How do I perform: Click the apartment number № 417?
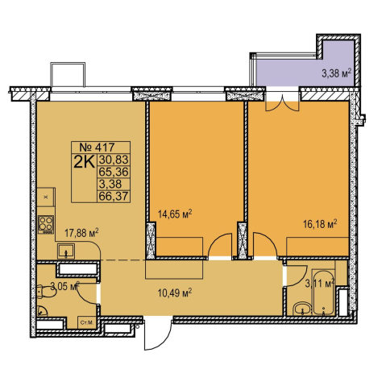click(x=98, y=147)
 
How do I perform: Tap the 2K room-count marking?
click(x=85, y=163)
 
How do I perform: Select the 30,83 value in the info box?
click(x=114, y=160)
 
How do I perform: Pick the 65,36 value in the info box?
click(x=114, y=172)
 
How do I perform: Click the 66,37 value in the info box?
click(x=114, y=196)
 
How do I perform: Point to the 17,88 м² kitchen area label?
click(x=81, y=232)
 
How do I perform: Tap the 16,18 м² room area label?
click(x=320, y=223)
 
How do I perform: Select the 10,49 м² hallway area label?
click(x=175, y=293)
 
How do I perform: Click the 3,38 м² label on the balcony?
click(x=337, y=73)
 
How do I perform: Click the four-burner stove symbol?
click(x=46, y=225)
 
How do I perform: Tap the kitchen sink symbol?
click(x=66, y=251)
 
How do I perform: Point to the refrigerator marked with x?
click(x=46, y=197)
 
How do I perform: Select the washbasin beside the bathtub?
click(x=302, y=309)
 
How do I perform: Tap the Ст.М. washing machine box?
click(x=86, y=322)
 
